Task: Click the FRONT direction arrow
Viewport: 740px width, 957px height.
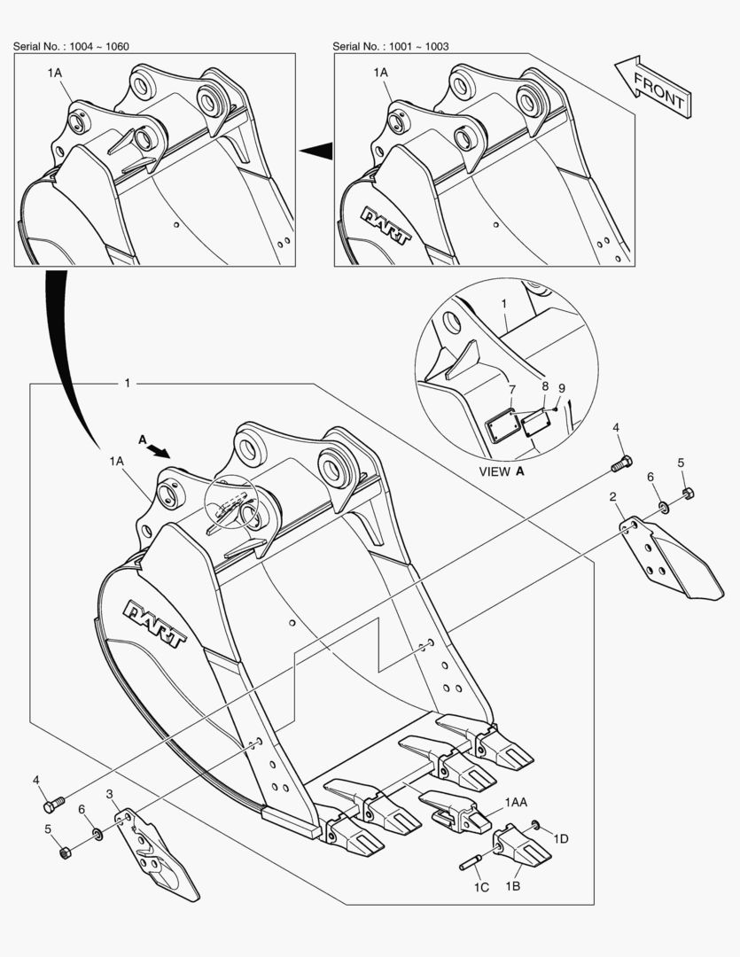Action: (x=653, y=87)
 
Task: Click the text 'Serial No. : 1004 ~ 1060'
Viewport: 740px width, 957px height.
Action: (x=71, y=46)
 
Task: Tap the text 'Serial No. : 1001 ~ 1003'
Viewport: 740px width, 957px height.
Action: (x=390, y=46)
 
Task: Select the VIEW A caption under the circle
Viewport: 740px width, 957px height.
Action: (x=502, y=471)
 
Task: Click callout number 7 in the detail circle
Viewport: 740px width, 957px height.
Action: (x=512, y=390)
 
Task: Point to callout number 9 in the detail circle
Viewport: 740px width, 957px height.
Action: (x=562, y=388)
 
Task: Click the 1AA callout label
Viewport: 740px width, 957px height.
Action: (x=516, y=802)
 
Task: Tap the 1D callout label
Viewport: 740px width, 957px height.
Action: (x=560, y=838)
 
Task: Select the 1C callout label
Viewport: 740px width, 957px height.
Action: (x=481, y=887)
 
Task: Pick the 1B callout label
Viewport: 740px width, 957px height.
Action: (x=513, y=885)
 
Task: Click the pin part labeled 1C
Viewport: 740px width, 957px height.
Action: (x=470, y=863)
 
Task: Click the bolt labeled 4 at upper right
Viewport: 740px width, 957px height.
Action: (x=621, y=463)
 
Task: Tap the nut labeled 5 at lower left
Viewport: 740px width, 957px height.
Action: (x=66, y=852)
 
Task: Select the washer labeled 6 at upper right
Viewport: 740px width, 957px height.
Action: (x=663, y=507)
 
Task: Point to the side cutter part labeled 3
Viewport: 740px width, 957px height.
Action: (x=157, y=854)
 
